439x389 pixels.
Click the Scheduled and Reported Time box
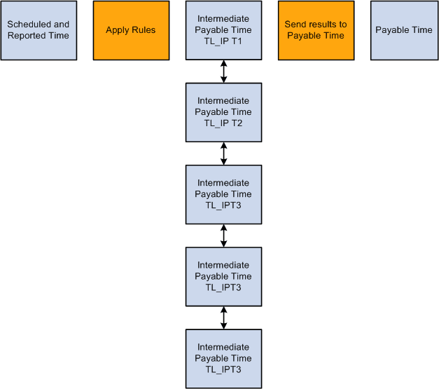click(38, 30)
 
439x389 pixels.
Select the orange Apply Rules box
click(131, 30)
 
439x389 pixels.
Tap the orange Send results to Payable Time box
click(315, 30)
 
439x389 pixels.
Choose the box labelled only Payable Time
click(403, 30)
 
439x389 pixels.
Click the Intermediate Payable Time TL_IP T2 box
click(223, 112)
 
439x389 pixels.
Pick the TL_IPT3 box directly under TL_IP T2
click(223, 194)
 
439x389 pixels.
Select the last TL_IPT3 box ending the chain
click(223, 358)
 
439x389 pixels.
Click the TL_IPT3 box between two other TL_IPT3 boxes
click(223, 276)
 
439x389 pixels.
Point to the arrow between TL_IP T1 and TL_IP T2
click(223, 71)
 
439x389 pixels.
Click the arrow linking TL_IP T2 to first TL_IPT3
click(223, 153)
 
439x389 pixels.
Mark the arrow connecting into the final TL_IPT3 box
click(223, 318)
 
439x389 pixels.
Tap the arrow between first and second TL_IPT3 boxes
click(223, 236)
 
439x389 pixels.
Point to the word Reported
click(26, 36)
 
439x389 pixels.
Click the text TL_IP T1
click(223, 41)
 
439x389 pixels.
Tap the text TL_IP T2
click(223, 123)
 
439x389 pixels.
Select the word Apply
click(118, 30)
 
